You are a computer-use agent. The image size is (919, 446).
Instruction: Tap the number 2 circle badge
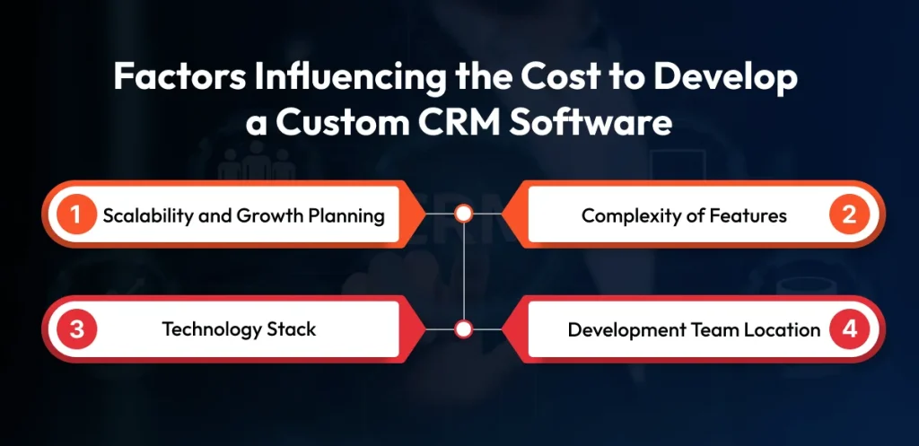click(849, 215)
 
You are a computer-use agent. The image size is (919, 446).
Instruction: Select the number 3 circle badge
click(77, 329)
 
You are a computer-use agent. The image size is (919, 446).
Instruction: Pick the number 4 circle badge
click(849, 329)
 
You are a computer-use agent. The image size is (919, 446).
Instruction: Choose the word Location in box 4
click(783, 329)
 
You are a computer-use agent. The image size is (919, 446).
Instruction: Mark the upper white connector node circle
click(464, 214)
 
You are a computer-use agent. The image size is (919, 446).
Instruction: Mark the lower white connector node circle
click(464, 329)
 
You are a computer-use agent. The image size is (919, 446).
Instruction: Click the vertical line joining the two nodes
click(464, 271)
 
